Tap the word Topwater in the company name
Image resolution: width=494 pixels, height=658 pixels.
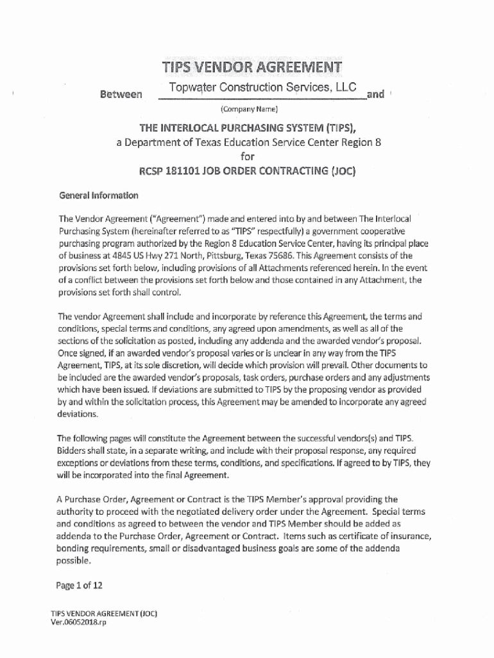coord(191,88)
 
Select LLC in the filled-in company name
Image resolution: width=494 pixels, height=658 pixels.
coord(351,88)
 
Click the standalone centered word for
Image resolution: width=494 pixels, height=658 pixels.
coord(248,156)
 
